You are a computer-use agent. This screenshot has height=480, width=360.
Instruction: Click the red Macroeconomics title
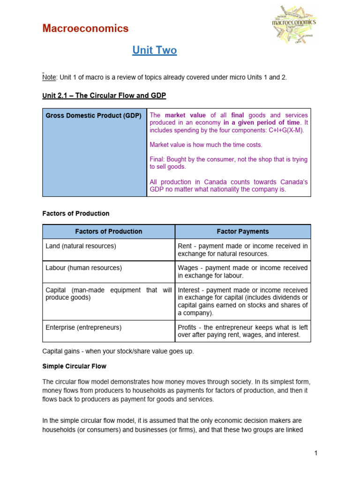[x=85, y=29]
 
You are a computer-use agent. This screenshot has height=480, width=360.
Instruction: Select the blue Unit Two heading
[x=154, y=50]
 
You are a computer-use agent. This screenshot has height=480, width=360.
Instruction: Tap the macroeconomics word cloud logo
[x=294, y=24]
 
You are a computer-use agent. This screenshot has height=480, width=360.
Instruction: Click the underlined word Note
[x=48, y=77]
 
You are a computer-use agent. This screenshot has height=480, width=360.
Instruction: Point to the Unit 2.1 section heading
[x=104, y=96]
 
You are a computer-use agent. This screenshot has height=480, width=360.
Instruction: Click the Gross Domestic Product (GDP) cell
[x=93, y=115]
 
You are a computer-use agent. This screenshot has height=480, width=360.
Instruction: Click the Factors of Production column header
[x=108, y=232]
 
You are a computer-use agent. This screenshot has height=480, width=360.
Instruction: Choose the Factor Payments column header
[x=242, y=232]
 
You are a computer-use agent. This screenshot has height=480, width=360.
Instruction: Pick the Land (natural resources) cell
[x=81, y=246]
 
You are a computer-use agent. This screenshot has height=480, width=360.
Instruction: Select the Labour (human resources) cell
[x=83, y=268]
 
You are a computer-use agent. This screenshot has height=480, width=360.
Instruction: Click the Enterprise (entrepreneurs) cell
[x=83, y=328]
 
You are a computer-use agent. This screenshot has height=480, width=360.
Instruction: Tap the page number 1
[x=316, y=453]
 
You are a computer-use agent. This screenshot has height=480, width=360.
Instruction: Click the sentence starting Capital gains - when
[x=118, y=351]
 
